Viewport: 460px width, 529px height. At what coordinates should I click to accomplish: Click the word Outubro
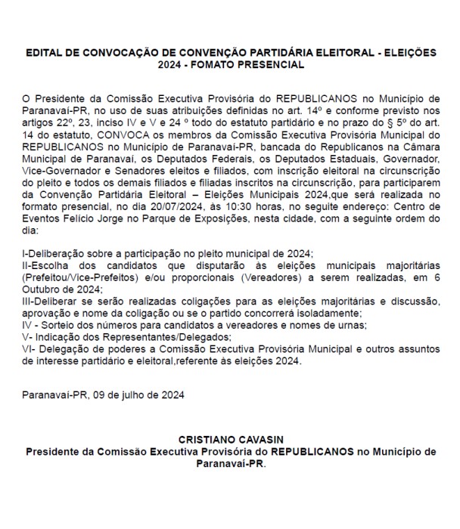coord(44,289)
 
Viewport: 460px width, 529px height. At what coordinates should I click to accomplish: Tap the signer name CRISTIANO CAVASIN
coord(230,439)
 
